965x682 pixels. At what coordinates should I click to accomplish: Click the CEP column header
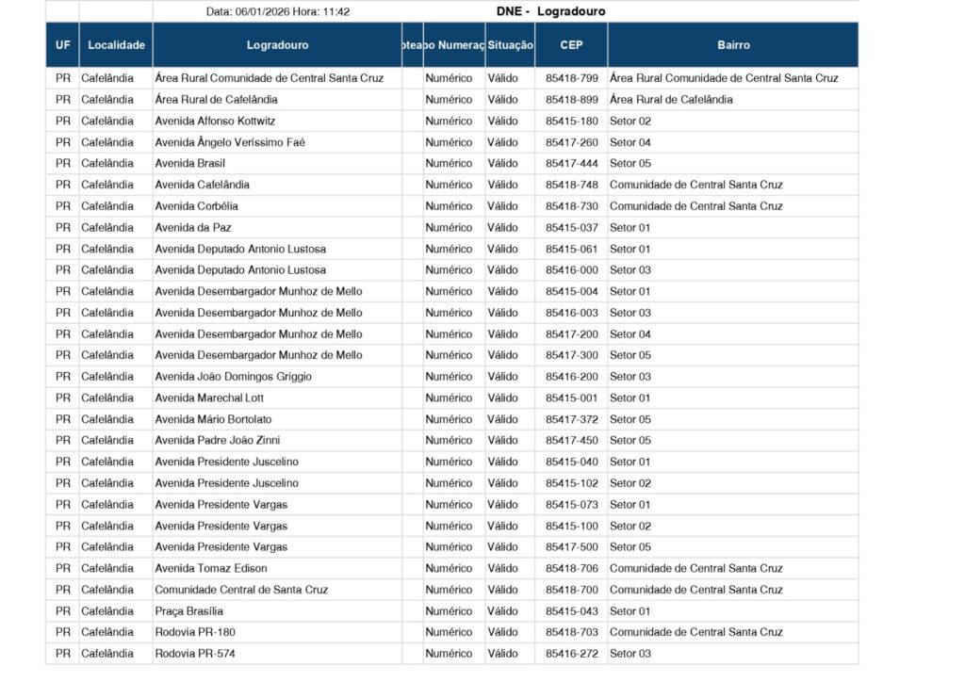pyautogui.click(x=571, y=44)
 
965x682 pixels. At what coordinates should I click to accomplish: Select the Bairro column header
pyautogui.click(x=733, y=44)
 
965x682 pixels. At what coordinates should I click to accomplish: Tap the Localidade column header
pyautogui.click(x=116, y=44)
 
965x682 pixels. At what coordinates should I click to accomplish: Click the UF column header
pyautogui.click(x=63, y=44)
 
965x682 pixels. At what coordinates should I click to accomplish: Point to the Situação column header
pyautogui.click(x=511, y=44)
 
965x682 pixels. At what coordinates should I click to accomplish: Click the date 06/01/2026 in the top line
pyautogui.click(x=262, y=12)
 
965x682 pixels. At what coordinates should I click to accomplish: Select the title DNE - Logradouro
pyautogui.click(x=550, y=12)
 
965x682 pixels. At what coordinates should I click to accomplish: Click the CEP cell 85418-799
pyautogui.click(x=571, y=78)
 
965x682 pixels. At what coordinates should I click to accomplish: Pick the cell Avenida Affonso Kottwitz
pyautogui.click(x=215, y=121)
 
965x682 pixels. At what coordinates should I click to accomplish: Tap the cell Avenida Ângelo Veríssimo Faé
pyautogui.click(x=230, y=142)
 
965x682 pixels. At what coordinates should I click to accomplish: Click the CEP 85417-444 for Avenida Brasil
pyautogui.click(x=571, y=164)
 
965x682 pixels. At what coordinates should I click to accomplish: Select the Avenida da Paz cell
pyautogui.click(x=193, y=227)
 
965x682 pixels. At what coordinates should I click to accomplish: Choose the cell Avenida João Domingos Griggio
pyautogui.click(x=233, y=377)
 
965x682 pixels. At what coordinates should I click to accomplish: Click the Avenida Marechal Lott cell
pyautogui.click(x=209, y=398)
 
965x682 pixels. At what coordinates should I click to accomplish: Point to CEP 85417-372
pyautogui.click(x=571, y=419)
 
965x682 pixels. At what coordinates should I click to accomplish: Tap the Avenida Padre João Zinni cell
pyautogui.click(x=217, y=440)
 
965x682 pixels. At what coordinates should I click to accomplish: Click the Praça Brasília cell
pyautogui.click(x=189, y=610)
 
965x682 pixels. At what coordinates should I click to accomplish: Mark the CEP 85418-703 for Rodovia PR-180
pyautogui.click(x=571, y=632)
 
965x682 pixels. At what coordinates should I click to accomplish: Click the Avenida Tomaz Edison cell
pyautogui.click(x=211, y=568)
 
